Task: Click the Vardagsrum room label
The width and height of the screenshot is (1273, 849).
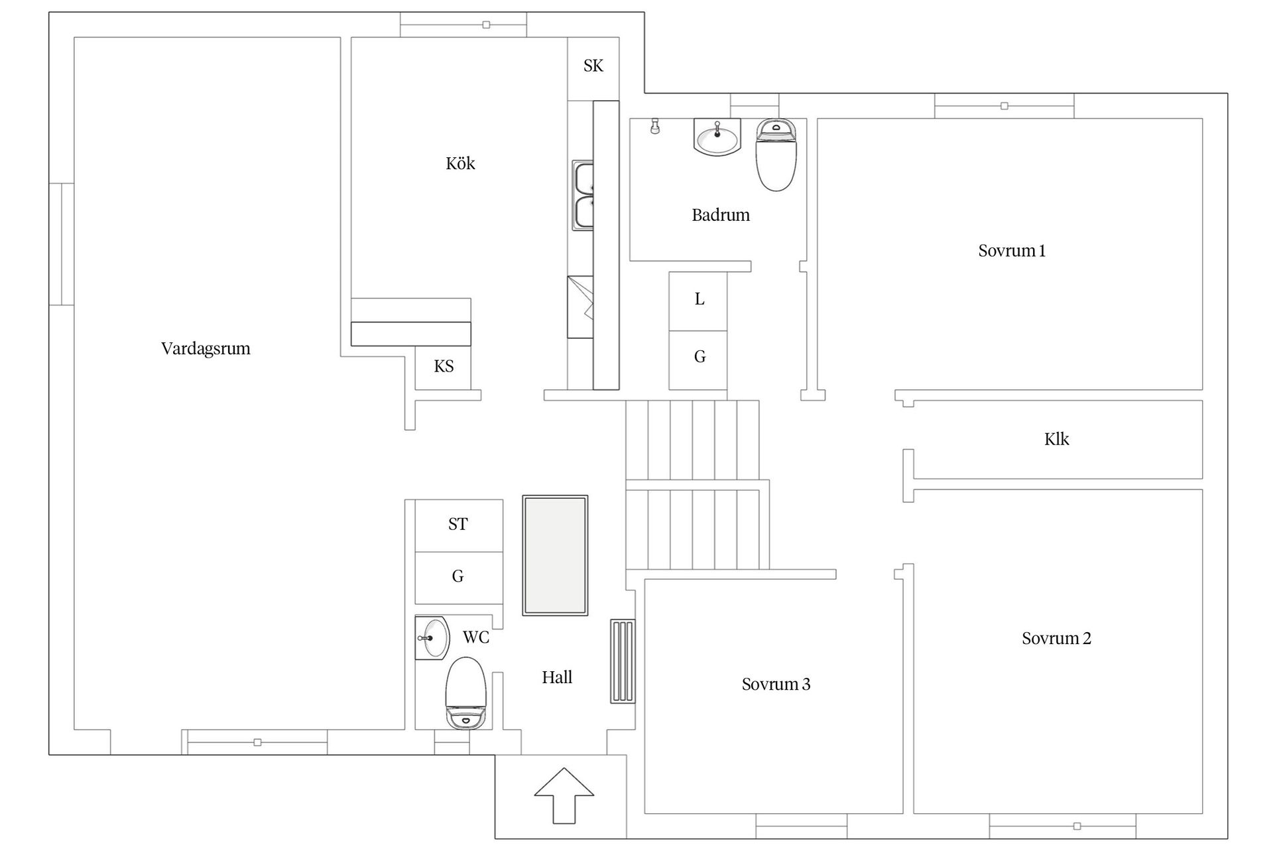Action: click(206, 349)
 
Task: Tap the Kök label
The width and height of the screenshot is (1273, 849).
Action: click(460, 163)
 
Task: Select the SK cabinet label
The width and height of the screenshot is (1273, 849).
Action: click(593, 66)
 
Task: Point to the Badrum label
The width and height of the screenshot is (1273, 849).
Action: click(721, 215)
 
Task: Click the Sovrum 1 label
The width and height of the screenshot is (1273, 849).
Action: click(1012, 251)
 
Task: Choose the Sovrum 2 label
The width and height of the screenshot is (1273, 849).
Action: click(1056, 638)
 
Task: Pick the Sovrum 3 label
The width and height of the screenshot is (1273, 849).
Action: click(776, 684)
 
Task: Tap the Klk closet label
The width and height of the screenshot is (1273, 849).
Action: click(1056, 439)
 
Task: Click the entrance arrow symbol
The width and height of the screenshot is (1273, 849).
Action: click(564, 795)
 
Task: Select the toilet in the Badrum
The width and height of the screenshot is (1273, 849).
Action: click(776, 155)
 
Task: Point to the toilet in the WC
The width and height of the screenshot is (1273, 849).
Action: click(466, 693)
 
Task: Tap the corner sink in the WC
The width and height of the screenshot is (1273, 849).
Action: click(432, 638)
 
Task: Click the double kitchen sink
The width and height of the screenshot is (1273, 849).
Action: click(583, 196)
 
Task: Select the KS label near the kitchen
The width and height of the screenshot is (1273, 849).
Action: click(444, 366)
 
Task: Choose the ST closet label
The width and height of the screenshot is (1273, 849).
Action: click(457, 524)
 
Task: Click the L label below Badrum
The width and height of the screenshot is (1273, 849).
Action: click(699, 299)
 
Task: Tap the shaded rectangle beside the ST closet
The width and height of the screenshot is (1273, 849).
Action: click(555, 555)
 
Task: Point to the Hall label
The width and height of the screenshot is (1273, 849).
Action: click(557, 677)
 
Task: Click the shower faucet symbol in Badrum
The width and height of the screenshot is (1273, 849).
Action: click(655, 126)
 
